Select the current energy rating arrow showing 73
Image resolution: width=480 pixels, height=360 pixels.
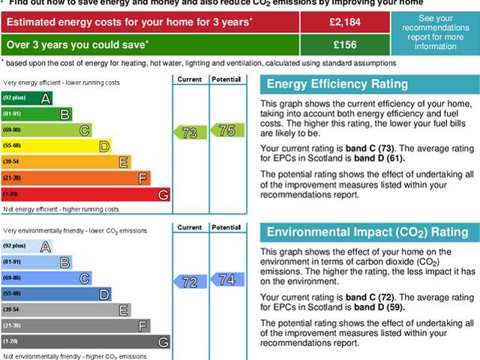point(190,133)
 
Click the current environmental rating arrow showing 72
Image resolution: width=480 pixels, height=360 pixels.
point(190,282)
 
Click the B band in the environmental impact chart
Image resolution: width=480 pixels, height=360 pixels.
point(37,262)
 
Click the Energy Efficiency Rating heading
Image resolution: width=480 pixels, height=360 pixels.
point(337,84)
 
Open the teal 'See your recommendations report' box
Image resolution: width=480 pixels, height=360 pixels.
point(436,33)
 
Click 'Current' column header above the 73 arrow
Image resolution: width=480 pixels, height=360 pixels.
point(190,78)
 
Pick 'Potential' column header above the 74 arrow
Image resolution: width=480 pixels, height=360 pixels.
point(226,226)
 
